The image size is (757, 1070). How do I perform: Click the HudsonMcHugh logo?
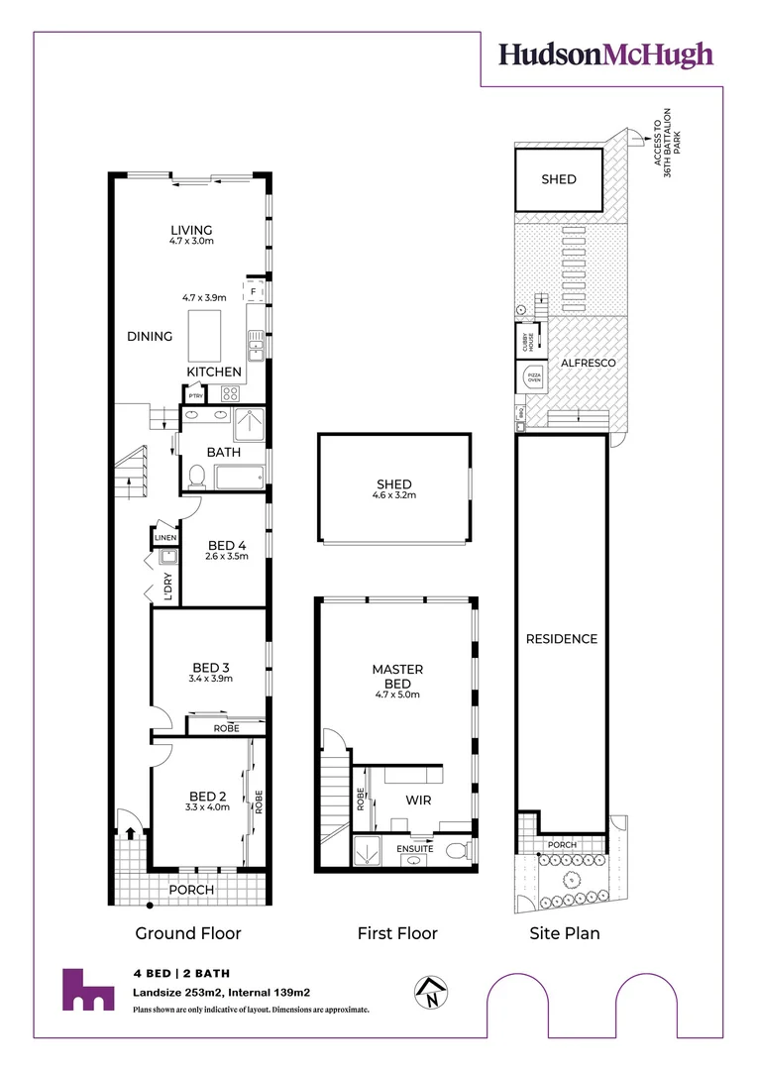605,53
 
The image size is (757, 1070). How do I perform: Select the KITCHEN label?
215,372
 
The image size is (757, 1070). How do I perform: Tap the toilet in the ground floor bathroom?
196,478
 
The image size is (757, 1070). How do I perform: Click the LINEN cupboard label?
164,537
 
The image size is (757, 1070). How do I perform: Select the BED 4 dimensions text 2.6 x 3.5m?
226,557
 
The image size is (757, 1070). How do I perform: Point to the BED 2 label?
206,795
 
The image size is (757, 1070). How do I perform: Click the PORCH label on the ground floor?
190,890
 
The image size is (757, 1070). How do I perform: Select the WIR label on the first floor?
416,799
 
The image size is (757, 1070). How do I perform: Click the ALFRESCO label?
589,363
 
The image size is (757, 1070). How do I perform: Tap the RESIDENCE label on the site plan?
561,639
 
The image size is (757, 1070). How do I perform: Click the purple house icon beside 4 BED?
87,989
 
